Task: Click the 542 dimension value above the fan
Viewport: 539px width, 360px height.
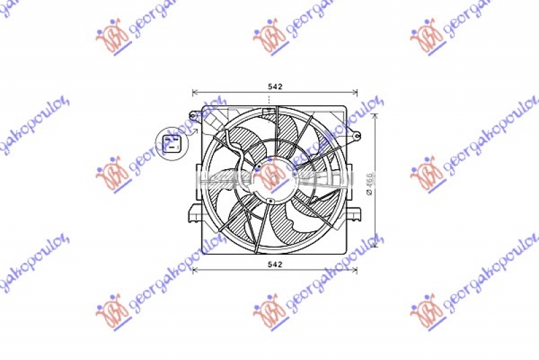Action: click(274, 86)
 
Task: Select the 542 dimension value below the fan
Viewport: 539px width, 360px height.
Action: click(274, 264)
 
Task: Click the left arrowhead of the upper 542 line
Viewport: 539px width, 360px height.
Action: click(195, 92)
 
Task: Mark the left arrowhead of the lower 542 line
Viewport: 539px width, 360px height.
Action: click(195, 271)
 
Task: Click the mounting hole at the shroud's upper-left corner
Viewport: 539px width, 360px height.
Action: click(193, 115)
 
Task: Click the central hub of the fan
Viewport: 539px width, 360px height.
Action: click(272, 179)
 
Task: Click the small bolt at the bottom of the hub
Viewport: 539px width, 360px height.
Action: click(269, 200)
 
